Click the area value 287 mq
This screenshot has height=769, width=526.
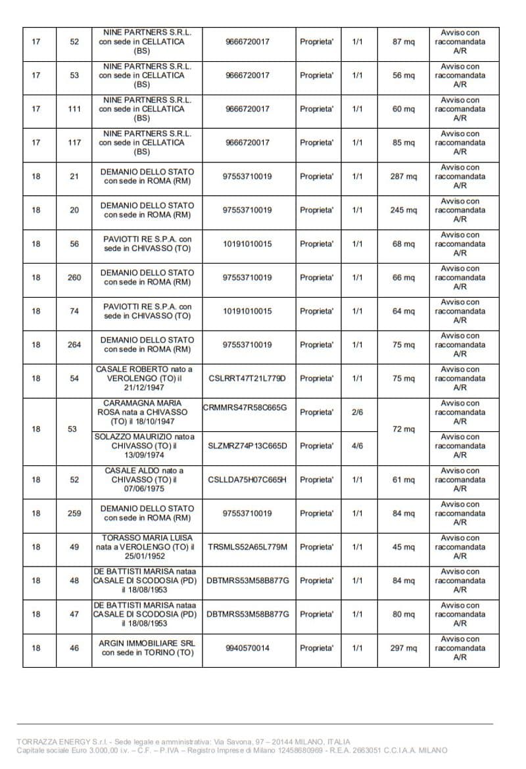click(404, 177)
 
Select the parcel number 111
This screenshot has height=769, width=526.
click(74, 109)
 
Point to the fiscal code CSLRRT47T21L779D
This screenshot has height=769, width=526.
click(247, 379)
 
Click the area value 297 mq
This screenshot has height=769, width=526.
click(404, 648)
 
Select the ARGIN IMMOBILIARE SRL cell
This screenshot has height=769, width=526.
click(147, 648)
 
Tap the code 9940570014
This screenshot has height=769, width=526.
click(247, 648)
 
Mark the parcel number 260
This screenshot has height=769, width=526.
click(74, 277)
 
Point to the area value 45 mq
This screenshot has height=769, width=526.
click(404, 547)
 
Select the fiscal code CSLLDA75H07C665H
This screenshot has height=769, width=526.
click(247, 480)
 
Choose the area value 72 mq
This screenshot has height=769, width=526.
click(404, 429)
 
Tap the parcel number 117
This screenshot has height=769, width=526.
click(74, 143)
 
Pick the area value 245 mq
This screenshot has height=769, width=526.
click(404, 210)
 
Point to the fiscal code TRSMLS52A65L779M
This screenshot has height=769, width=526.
click(247, 547)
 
